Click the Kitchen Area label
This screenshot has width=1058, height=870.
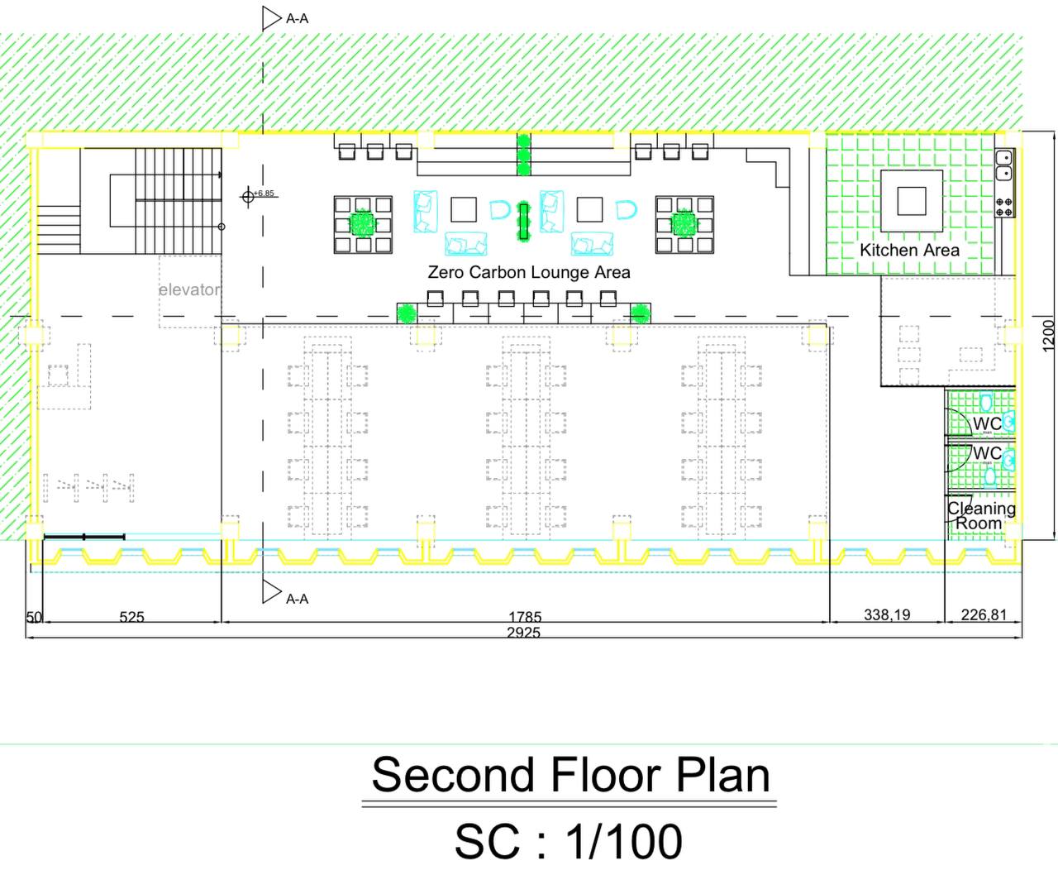pyautogui.click(x=909, y=250)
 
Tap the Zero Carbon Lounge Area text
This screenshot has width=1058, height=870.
pyautogui.click(x=529, y=272)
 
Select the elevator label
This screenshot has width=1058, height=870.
pyautogui.click(x=189, y=289)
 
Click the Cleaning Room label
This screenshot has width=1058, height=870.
pyautogui.click(x=981, y=515)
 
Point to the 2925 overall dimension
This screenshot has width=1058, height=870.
pyautogui.click(x=523, y=633)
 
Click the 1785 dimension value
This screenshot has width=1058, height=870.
pyautogui.click(x=525, y=617)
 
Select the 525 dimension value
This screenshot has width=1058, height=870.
pyautogui.click(x=131, y=617)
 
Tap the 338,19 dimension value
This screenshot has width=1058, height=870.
pyautogui.click(x=886, y=615)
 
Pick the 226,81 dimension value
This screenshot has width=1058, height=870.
pyautogui.click(x=984, y=615)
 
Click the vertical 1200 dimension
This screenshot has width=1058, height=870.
pyautogui.click(x=1048, y=336)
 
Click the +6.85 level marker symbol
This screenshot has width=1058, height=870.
pyautogui.click(x=248, y=196)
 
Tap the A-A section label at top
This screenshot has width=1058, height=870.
pyautogui.click(x=297, y=19)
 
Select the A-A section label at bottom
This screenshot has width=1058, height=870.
pyautogui.click(x=297, y=599)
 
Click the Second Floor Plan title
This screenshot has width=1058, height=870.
pyautogui.click(x=570, y=775)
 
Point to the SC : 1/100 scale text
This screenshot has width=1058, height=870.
pyautogui.click(x=568, y=841)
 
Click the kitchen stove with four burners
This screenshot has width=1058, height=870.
pyautogui.click(x=1003, y=207)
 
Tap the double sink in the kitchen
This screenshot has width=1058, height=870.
pyautogui.click(x=1003, y=165)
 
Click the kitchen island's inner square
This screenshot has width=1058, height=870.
pyautogui.click(x=912, y=201)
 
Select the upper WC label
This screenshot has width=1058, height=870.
pyautogui.click(x=987, y=423)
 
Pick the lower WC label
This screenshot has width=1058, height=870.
pyautogui.click(x=987, y=453)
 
